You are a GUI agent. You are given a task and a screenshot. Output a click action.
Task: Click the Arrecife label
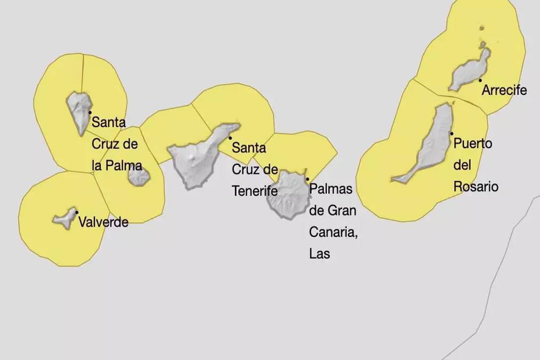tap(504, 90)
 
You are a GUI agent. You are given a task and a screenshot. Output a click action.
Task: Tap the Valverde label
tap(103, 222)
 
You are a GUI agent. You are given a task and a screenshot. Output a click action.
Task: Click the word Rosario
tap(476, 187)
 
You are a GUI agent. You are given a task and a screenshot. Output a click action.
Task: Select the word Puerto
tap(473, 143)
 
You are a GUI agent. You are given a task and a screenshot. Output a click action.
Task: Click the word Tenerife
tap(255, 190)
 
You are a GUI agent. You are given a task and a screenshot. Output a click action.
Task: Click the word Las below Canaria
tap(319, 254)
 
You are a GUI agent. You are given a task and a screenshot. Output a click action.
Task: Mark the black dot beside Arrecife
tap(480, 81)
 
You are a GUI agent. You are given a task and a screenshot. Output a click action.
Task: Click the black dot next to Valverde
tap(77, 212)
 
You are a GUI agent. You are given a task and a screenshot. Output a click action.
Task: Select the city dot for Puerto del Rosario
tap(452, 133)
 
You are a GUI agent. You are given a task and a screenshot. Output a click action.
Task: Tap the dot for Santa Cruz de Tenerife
tap(230, 138)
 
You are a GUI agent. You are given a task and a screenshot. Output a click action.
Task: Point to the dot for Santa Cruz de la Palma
tap(90, 113)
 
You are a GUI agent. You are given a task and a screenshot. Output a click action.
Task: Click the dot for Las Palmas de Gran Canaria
tap(307, 179)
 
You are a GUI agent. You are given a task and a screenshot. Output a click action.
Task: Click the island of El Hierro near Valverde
tap(65, 218)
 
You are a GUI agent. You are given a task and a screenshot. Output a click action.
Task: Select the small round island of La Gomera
tap(139, 175)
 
